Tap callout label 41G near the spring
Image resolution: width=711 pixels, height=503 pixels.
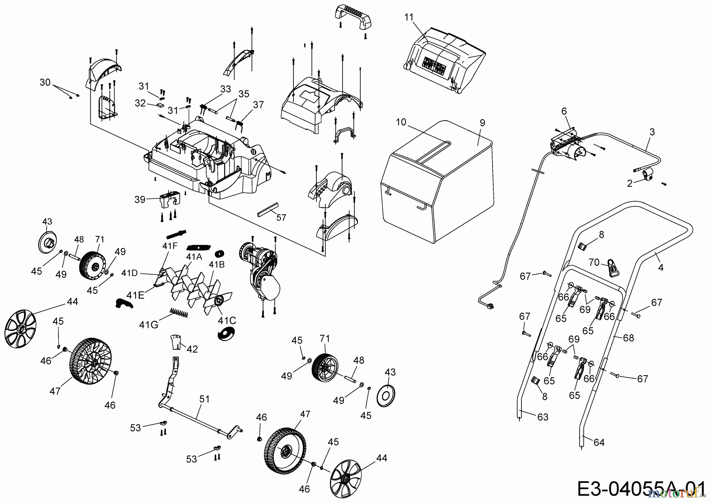(x=149, y=325)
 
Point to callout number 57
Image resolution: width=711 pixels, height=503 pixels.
(x=281, y=217)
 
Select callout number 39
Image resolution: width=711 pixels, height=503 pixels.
(x=140, y=199)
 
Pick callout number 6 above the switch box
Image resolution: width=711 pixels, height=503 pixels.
(x=564, y=112)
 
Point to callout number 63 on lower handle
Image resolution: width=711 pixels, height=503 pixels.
(x=543, y=417)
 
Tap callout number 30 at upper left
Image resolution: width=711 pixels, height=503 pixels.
(x=45, y=82)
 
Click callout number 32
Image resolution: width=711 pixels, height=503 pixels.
(x=140, y=103)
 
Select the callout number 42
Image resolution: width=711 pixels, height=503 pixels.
(x=192, y=349)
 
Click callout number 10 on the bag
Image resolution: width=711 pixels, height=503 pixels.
(x=401, y=122)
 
